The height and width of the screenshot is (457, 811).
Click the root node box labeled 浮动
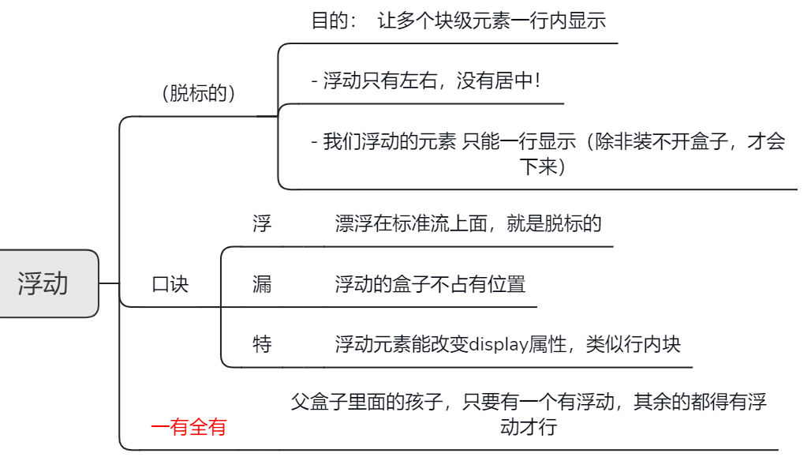pyautogui.click(x=44, y=283)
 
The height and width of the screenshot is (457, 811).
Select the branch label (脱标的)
pyautogui.click(x=199, y=93)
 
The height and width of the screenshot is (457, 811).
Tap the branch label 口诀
pyautogui.click(x=170, y=284)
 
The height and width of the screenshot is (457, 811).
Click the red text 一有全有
pyautogui.click(x=189, y=427)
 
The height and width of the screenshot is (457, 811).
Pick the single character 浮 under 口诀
pyautogui.click(x=262, y=223)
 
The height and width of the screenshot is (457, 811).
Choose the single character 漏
pyautogui.click(x=262, y=284)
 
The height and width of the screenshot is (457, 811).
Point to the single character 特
pyautogui.click(x=262, y=344)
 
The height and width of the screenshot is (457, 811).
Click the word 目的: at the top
pyautogui.click(x=334, y=21)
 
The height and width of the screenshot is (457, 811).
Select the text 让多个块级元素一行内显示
pyautogui.click(x=491, y=21)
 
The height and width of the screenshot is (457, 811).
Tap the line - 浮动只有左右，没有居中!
pyautogui.click(x=426, y=81)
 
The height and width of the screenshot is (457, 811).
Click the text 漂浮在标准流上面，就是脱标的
pyautogui.click(x=468, y=223)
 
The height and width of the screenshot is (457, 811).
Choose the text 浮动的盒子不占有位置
pyautogui.click(x=430, y=284)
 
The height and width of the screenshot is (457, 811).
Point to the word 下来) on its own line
pyautogui.click(x=542, y=167)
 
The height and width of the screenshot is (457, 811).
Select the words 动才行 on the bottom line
pyautogui.click(x=528, y=427)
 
